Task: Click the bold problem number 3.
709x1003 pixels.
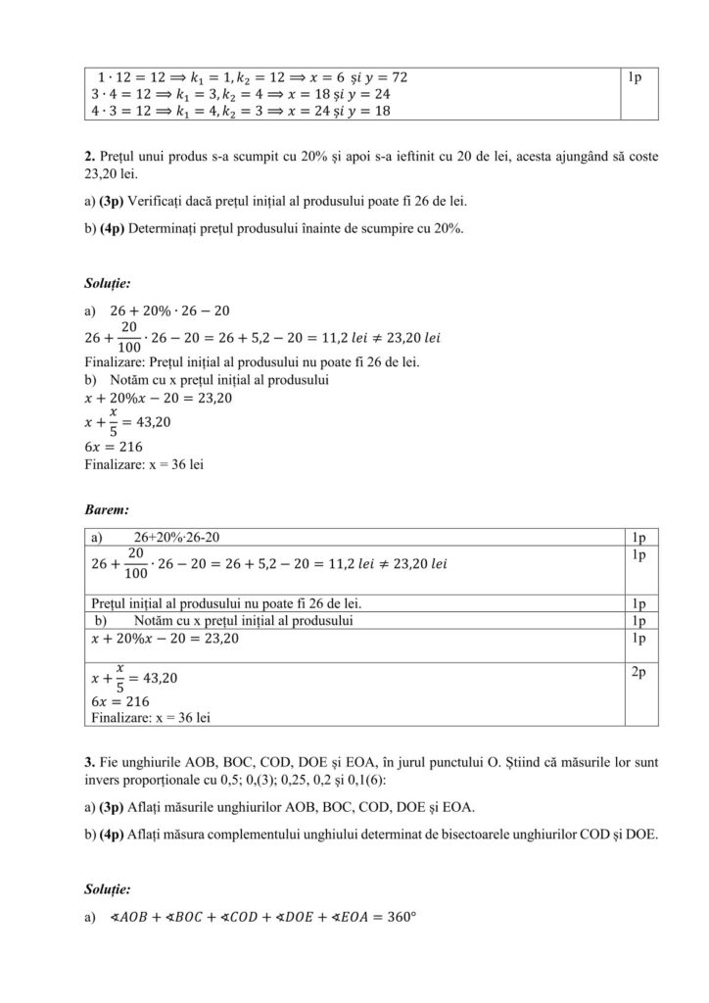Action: click(89, 760)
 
